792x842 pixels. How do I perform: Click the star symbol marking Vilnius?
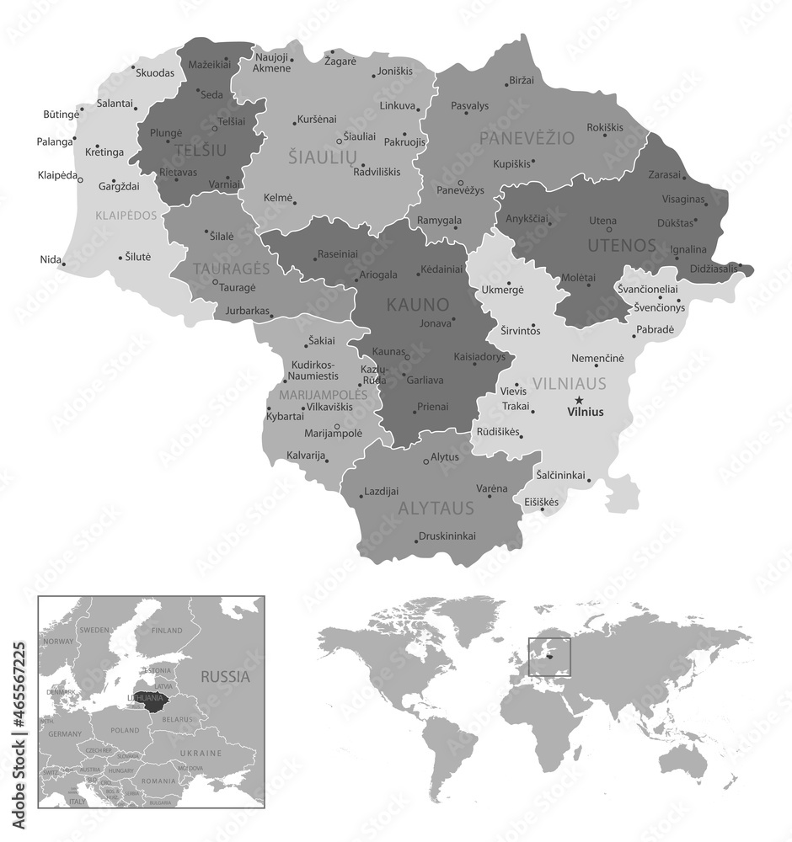point(578,400)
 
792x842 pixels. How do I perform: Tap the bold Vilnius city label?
point(586,412)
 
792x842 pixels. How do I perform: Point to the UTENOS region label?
point(623,246)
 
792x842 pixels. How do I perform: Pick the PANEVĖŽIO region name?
point(527,137)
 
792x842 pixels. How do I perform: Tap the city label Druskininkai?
point(447,536)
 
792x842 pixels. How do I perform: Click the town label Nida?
point(50,259)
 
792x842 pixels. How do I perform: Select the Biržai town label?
point(522,81)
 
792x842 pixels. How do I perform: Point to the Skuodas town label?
point(155,73)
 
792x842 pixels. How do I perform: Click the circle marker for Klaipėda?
point(80,179)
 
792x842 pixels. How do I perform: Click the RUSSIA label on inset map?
point(225,675)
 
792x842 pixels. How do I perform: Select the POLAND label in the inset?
point(124,730)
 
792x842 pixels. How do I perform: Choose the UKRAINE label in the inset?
point(201,752)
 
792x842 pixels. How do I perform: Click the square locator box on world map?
point(549,657)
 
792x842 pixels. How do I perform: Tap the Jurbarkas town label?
point(245,311)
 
